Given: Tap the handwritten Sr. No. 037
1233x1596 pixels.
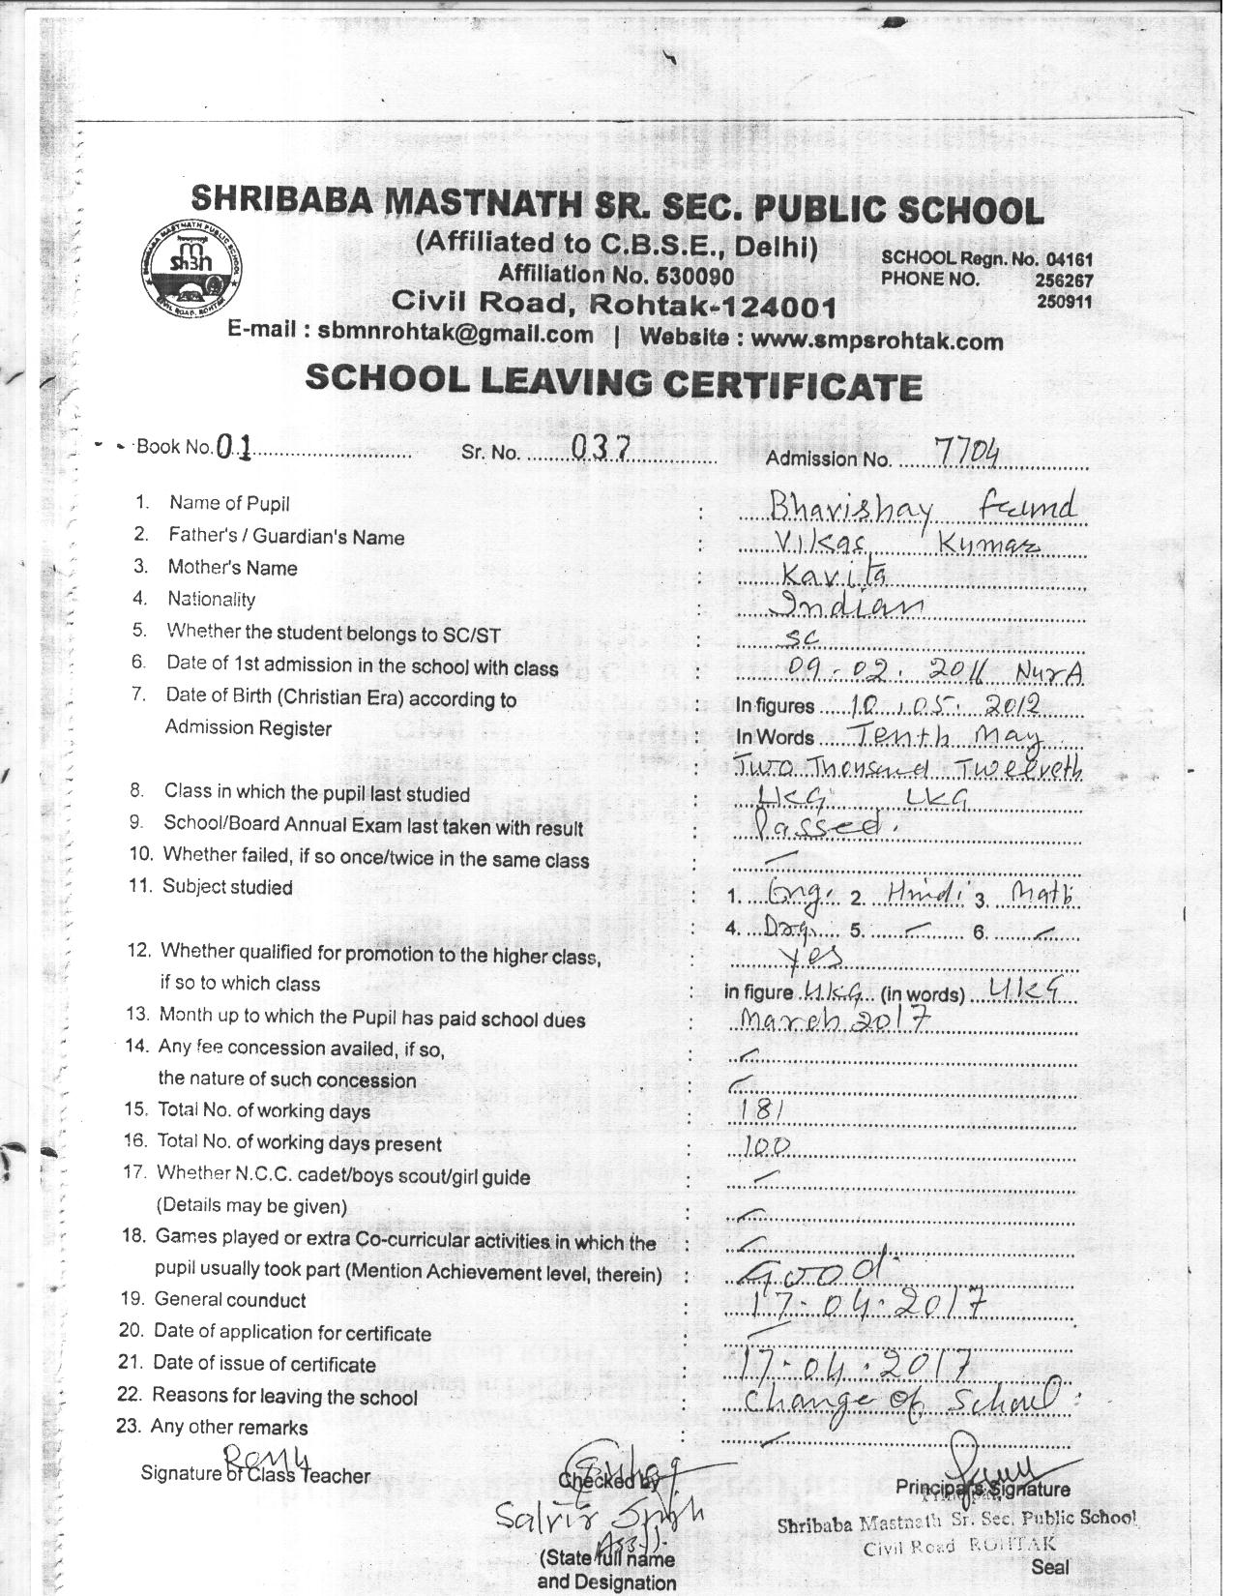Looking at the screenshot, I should [601, 447].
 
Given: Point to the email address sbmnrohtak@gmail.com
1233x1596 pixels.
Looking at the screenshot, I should [455, 335].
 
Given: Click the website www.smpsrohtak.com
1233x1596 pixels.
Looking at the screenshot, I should [876, 340].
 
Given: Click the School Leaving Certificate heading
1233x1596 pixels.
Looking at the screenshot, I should [612, 382].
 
